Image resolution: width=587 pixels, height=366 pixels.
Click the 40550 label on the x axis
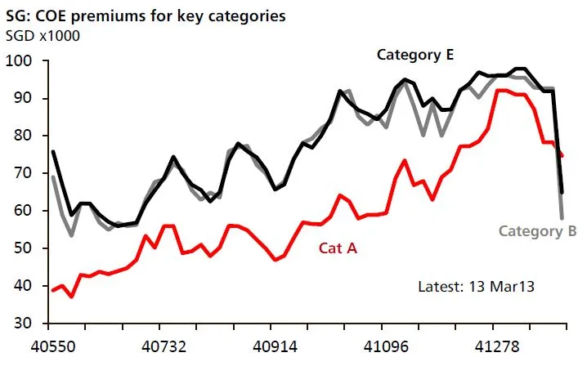point(54,346)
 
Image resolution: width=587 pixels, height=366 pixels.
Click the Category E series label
point(414,55)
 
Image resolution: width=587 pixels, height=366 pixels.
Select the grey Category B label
point(532,231)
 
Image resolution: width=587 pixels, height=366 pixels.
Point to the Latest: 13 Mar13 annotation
point(476,287)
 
